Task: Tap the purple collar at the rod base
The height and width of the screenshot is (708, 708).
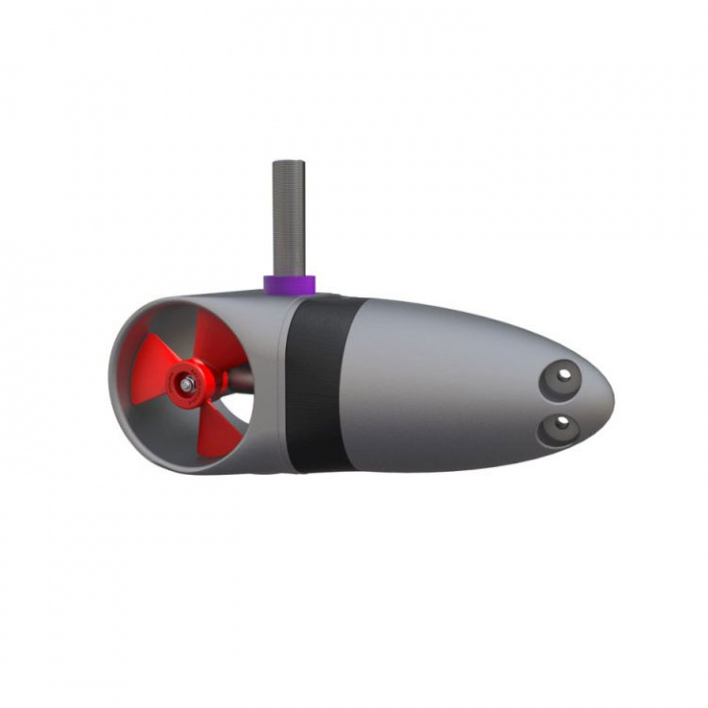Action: click(x=288, y=284)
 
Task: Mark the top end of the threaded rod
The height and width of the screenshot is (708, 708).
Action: click(x=288, y=164)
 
